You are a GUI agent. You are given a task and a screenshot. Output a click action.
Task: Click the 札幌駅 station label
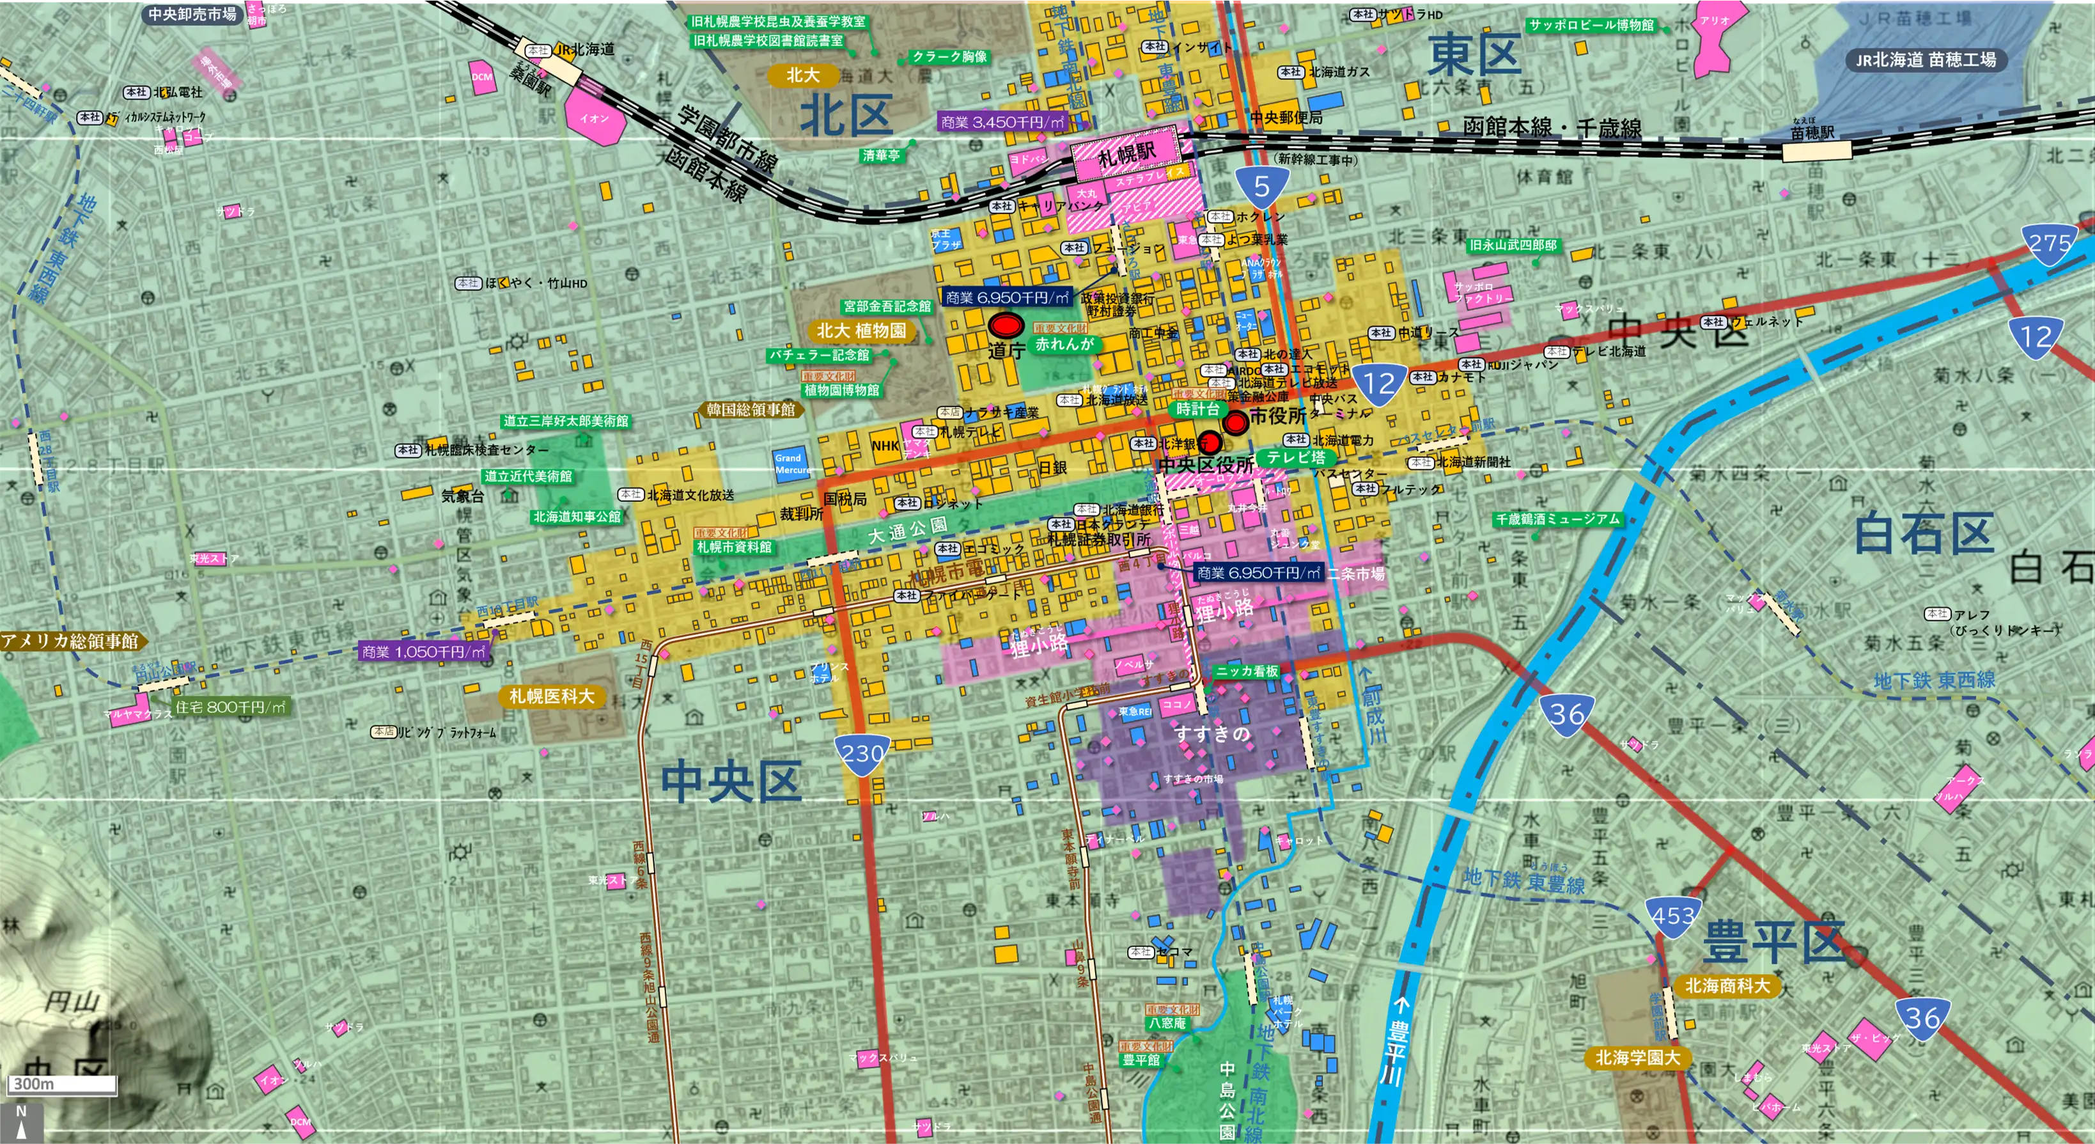point(1126,153)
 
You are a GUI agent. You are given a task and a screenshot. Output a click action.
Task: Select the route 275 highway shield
point(2048,244)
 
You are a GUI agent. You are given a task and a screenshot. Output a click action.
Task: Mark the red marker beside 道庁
point(1006,325)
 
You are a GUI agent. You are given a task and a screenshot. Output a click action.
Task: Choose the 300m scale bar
point(62,1084)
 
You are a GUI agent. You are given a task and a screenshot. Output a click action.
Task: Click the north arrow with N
point(21,1121)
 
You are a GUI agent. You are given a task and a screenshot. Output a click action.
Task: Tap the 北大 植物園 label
point(861,331)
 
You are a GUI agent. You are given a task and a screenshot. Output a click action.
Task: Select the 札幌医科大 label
point(552,696)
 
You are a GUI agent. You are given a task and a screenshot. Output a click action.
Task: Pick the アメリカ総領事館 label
point(71,641)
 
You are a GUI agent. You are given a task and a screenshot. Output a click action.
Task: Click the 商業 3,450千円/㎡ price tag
point(1002,122)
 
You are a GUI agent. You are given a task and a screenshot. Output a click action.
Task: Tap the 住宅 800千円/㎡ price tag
point(230,707)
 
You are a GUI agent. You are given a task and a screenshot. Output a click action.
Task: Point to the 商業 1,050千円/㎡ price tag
point(423,652)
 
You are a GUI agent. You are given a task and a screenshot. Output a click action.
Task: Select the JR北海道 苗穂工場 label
point(1925,59)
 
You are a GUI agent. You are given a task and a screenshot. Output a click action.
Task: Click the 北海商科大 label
point(1727,985)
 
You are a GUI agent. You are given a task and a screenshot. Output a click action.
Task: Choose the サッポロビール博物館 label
point(1591,25)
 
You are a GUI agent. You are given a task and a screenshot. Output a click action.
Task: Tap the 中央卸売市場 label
point(192,14)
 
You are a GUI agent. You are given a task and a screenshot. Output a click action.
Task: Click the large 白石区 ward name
point(1924,535)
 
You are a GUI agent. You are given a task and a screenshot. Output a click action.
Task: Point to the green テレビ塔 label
point(1295,457)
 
